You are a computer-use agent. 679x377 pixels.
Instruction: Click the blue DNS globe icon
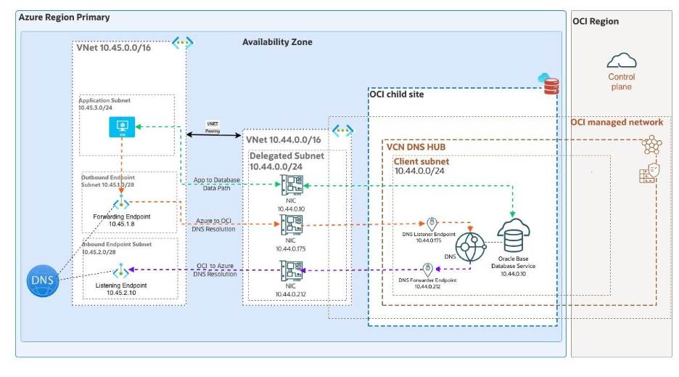[42, 282]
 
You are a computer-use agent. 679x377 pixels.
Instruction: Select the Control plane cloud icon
[621, 60]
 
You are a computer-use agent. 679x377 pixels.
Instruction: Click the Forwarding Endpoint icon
[121, 204]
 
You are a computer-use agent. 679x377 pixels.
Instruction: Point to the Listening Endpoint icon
[121, 272]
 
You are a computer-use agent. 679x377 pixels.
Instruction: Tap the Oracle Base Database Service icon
[514, 234]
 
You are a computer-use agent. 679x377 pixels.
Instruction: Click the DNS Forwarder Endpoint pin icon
[427, 269]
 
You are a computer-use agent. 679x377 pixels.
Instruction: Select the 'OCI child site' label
[396, 94]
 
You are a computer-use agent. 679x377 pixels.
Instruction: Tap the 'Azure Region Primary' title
[64, 17]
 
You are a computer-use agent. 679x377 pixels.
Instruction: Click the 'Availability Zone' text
[277, 42]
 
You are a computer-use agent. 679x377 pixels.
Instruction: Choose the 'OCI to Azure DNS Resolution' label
[215, 270]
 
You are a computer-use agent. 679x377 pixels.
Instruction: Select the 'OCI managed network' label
[617, 122]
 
